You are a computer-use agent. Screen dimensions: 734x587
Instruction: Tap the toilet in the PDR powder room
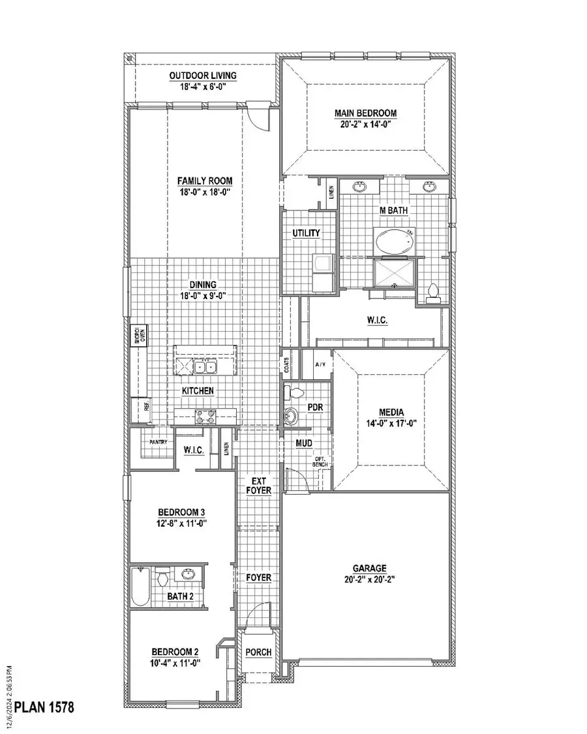tap(294, 393)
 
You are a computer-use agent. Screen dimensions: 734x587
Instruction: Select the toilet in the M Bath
tap(432, 293)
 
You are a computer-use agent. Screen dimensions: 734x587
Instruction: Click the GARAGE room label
tap(370, 568)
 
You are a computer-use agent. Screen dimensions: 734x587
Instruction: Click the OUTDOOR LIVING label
tap(203, 76)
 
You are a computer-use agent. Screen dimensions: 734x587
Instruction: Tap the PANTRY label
tap(158, 442)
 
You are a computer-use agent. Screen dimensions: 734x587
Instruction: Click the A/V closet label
tap(320, 365)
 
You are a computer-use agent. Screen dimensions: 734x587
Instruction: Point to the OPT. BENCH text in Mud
tap(319, 462)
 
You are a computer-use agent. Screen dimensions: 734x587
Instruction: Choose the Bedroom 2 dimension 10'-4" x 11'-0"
tap(175, 662)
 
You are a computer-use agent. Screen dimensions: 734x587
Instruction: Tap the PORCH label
tap(258, 653)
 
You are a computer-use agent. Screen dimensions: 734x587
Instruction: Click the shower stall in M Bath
tap(394, 272)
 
